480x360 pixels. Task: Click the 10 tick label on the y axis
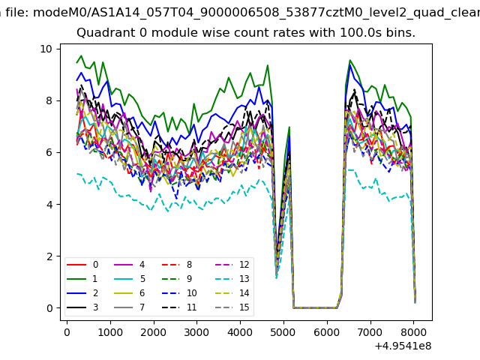click(46, 49)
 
